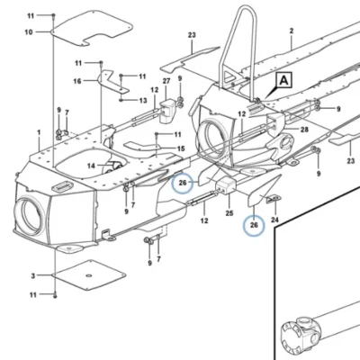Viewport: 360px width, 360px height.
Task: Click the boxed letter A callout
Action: [x=283, y=80]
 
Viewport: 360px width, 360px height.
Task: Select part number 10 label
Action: [x=29, y=31]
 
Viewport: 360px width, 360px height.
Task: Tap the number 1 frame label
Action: [x=39, y=132]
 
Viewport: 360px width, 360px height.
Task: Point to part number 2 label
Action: [x=292, y=31]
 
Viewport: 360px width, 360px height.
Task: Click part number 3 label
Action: [x=33, y=275]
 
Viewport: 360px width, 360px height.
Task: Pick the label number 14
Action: [x=91, y=166]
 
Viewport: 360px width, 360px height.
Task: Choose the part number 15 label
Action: [x=181, y=148]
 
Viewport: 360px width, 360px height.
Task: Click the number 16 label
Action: [x=77, y=81]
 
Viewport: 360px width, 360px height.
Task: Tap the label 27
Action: [x=166, y=81]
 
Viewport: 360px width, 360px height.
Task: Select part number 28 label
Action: [x=304, y=130]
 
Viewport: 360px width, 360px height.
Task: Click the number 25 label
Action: [x=229, y=213]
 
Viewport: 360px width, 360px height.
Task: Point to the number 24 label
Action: [x=274, y=220]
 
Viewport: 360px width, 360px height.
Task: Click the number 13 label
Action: [x=143, y=100]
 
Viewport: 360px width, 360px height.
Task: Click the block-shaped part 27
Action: [x=166, y=112]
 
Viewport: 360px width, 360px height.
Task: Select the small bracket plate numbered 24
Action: [x=273, y=199]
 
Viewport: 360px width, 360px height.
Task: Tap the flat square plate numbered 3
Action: [x=89, y=275]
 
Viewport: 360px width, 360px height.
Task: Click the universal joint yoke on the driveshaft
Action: [x=298, y=334]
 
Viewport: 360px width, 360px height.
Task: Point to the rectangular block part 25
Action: [x=227, y=185]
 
